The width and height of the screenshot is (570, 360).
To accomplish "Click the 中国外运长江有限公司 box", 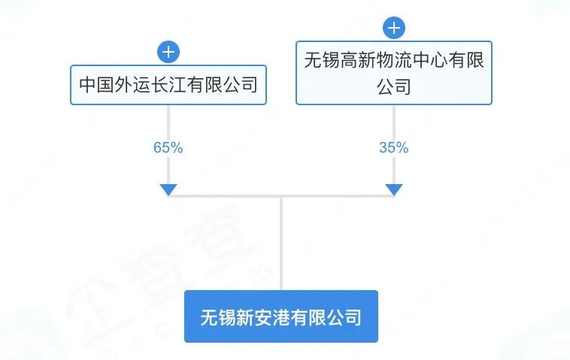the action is (x=168, y=85).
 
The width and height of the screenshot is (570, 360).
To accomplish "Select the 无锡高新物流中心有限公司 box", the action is (x=393, y=72).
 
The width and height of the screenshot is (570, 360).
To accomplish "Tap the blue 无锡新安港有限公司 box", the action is (x=280, y=316).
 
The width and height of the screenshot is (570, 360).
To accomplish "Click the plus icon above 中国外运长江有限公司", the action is (x=168, y=53).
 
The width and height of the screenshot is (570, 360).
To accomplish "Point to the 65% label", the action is (x=168, y=148).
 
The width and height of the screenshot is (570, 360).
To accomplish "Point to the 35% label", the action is (x=393, y=148).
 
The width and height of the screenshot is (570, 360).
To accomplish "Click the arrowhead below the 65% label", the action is (x=168, y=189).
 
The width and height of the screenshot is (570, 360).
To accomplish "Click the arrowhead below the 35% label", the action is (x=393, y=189).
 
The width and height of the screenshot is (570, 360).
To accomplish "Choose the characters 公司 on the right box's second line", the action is (x=393, y=85).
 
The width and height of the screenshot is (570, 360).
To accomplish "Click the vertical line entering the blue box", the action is (x=280, y=248).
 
